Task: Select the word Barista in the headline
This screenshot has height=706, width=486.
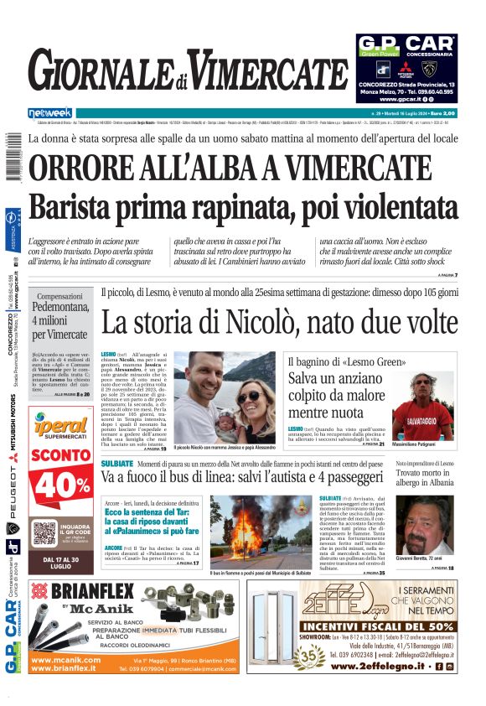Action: point(73,206)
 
